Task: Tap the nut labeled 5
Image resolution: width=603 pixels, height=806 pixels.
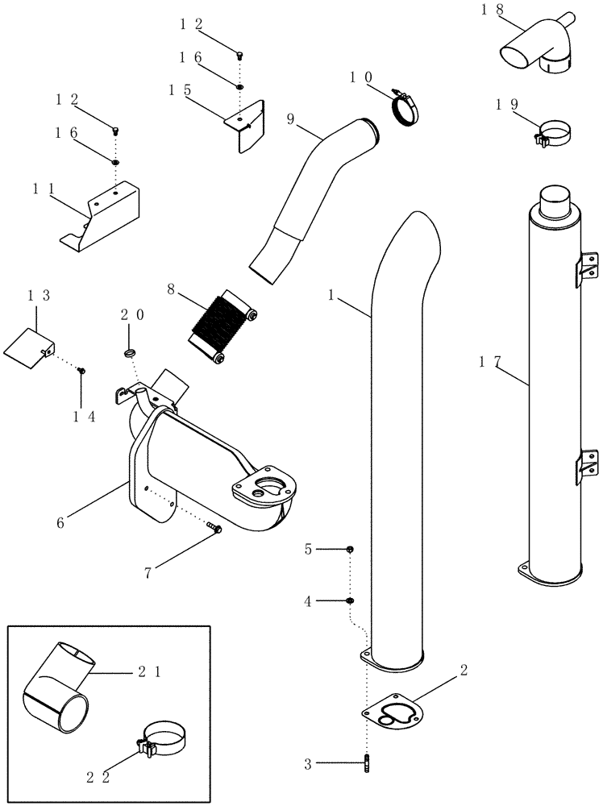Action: (x=350, y=550)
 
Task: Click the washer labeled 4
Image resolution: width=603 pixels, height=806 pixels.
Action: (x=350, y=600)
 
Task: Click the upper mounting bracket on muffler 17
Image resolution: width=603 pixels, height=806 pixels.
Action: (x=589, y=268)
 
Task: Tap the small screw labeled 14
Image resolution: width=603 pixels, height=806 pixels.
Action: (x=81, y=370)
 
